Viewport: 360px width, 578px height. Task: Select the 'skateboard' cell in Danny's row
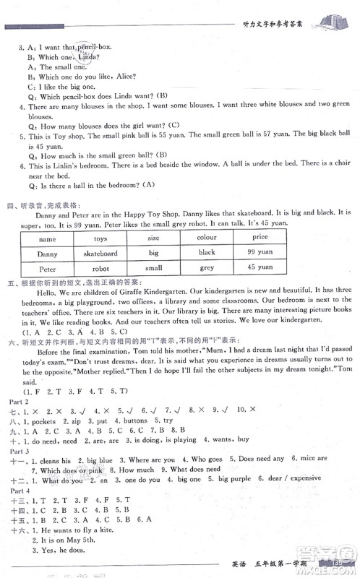(100, 254)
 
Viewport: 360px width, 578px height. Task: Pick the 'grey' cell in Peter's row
(207, 267)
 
